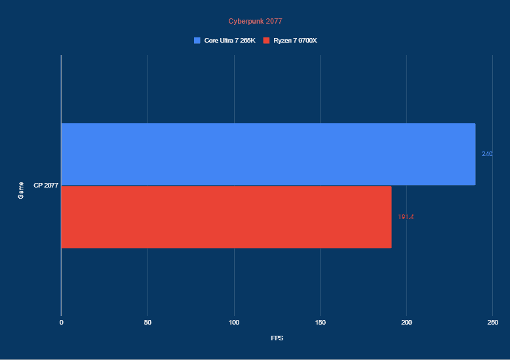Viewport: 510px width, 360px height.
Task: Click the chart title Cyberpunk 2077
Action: point(255,21)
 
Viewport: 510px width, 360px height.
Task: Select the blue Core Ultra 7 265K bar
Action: point(267,154)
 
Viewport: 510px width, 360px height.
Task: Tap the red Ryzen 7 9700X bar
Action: point(226,217)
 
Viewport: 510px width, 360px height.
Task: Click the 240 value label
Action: point(487,154)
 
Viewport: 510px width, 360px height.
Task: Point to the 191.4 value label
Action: point(406,217)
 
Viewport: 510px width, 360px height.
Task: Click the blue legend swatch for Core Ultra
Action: point(197,41)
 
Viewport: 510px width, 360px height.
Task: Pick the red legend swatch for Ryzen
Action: point(266,41)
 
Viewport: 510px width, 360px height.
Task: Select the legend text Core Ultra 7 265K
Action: point(229,41)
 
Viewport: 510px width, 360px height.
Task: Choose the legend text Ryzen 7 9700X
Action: point(295,41)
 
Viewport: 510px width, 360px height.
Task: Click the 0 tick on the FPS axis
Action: point(61,323)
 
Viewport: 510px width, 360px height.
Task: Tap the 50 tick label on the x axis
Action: point(147,323)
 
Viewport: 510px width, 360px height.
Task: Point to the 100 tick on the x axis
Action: point(234,323)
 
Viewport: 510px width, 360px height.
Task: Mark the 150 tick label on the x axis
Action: point(320,323)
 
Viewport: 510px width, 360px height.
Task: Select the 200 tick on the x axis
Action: point(406,323)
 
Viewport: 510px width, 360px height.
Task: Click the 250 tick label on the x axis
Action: point(493,323)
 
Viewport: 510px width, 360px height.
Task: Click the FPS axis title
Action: point(277,338)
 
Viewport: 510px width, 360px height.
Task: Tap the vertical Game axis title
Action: point(21,191)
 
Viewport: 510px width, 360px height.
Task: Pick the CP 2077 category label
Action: point(46,186)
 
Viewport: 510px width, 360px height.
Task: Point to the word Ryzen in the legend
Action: point(283,41)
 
